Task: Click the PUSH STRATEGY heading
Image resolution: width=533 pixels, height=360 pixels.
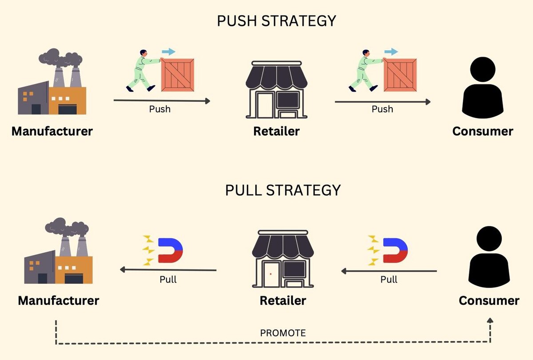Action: click(276, 21)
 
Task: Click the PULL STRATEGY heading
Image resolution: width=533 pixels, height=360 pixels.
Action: click(282, 190)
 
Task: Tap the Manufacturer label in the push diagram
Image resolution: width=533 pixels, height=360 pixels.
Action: click(52, 131)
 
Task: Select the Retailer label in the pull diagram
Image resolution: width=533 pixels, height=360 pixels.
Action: click(283, 300)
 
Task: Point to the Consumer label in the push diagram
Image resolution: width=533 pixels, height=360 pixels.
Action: click(483, 131)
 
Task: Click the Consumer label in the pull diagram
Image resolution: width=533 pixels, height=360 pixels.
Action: click(489, 300)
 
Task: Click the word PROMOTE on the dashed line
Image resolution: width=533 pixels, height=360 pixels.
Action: click(283, 333)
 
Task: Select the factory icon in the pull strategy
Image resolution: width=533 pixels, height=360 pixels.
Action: click(59, 253)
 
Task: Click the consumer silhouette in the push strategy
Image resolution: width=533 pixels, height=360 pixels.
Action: click(483, 88)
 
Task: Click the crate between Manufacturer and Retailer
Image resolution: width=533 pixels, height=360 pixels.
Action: click(178, 75)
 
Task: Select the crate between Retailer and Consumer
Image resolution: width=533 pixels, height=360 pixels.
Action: click(400, 75)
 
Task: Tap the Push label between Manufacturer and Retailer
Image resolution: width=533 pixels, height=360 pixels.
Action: click(160, 109)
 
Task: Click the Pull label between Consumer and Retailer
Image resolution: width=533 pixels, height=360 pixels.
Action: click(389, 280)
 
